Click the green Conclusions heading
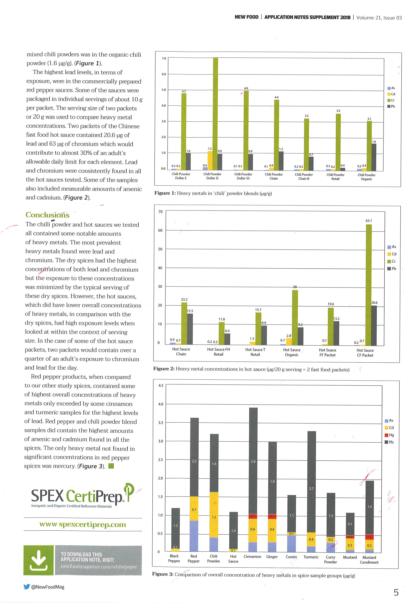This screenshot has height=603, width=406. (47, 215)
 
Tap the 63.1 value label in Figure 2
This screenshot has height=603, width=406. (368, 221)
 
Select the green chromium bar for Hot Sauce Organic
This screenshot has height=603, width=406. (295, 317)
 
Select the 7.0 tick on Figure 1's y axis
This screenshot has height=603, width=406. (164, 59)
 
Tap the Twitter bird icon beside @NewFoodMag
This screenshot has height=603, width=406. (27, 587)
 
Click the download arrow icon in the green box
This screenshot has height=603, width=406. (39, 560)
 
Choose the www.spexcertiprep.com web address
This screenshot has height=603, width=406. (83, 525)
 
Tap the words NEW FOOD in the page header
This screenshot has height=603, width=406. (246, 17)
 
